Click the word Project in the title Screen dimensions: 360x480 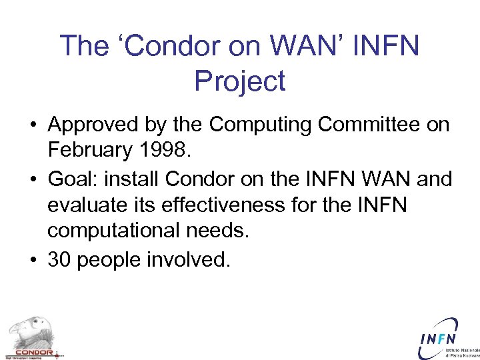pos(239,81)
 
